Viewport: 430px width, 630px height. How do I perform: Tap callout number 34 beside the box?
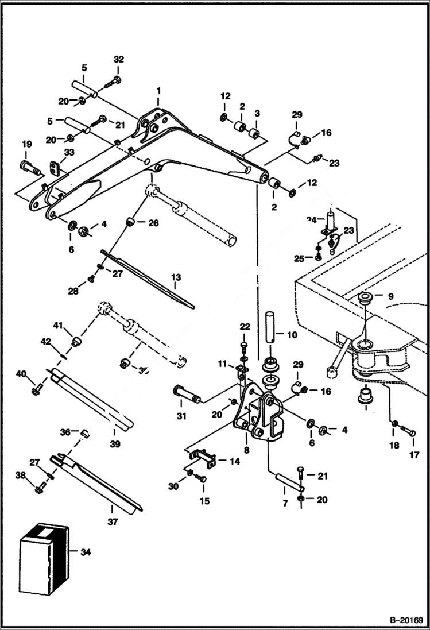(86, 552)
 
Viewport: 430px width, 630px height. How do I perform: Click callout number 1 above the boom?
(159, 91)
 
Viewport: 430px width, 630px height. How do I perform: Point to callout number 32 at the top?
(118, 60)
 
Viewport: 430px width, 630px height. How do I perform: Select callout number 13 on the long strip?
(176, 277)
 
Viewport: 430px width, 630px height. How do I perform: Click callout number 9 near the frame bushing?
(390, 297)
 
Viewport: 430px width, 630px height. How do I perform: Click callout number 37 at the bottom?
(113, 522)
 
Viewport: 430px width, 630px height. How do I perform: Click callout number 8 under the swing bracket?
(246, 451)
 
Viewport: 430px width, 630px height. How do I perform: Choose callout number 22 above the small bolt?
(245, 327)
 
